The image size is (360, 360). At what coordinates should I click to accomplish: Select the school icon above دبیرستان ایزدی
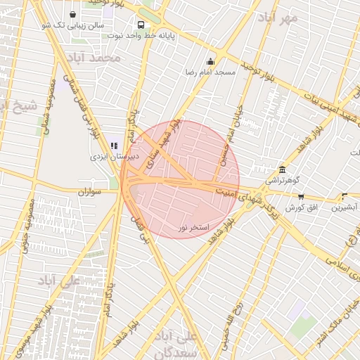115,146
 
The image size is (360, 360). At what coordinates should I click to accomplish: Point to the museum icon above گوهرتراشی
283,169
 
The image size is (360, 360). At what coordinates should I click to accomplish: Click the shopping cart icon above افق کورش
302,197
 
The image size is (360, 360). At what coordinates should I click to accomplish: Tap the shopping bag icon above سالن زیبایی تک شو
73,13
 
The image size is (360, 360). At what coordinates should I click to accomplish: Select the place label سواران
90,191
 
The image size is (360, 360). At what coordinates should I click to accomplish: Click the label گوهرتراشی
281,181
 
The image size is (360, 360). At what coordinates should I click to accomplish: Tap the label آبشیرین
345,207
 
